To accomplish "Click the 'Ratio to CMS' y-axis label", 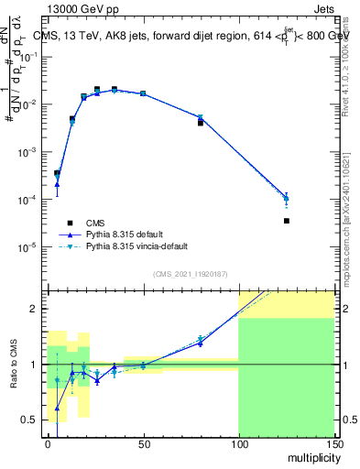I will pos(13,365).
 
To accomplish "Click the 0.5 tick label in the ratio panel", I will pos(33,420).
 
